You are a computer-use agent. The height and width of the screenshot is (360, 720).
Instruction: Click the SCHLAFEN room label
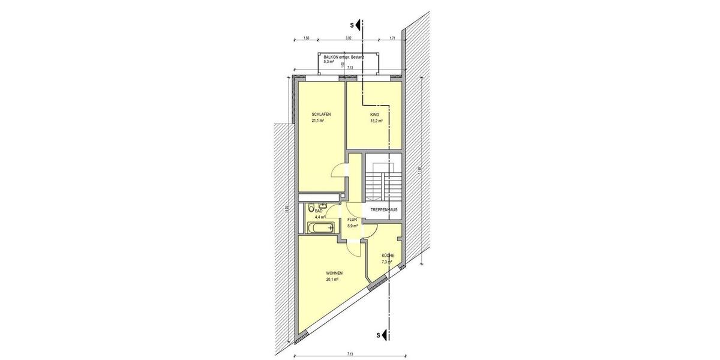click(x=321, y=115)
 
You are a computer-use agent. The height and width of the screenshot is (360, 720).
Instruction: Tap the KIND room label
click(x=375, y=115)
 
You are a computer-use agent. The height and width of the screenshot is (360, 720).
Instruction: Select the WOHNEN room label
click(x=335, y=274)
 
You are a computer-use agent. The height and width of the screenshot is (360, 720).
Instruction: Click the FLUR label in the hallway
click(x=352, y=220)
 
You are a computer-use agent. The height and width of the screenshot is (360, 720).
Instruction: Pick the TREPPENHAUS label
click(x=384, y=210)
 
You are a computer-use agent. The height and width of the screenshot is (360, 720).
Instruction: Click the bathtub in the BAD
click(x=320, y=228)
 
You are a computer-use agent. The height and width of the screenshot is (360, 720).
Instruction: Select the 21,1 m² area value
click(x=318, y=121)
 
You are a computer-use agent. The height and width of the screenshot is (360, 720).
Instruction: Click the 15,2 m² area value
click(x=376, y=121)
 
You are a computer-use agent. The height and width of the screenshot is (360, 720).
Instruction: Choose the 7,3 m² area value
click(x=387, y=262)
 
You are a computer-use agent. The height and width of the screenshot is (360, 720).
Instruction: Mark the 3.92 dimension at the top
click(x=348, y=38)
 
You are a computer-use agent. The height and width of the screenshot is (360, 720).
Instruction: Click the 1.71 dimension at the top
click(x=392, y=38)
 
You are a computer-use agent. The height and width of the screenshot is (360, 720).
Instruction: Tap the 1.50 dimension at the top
click(x=306, y=38)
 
